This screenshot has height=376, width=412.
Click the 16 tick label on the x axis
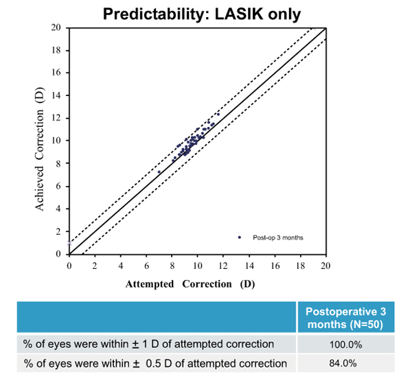274,264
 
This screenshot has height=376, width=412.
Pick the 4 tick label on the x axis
121,264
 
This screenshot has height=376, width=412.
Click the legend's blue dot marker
240,237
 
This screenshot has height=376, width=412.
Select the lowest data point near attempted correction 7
159,172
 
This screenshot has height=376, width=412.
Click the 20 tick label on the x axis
325,264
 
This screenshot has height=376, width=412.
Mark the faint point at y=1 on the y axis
69,243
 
